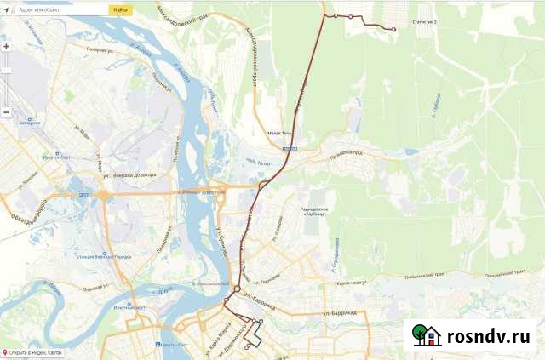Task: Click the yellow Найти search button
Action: pos(120,9)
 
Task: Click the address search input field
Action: pos(64,9)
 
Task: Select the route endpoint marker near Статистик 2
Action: pos(393,30)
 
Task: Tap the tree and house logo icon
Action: pos(426,334)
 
